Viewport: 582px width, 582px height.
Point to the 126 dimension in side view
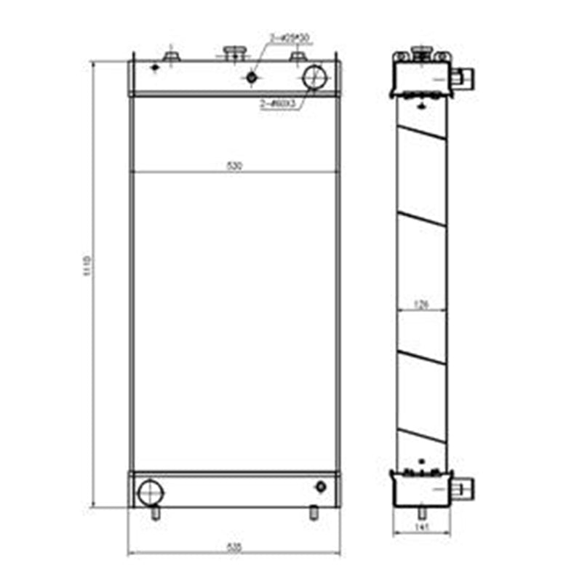click(421, 306)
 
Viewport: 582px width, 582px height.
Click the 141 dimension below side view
click(420, 526)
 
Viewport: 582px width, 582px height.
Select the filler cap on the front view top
click(234, 51)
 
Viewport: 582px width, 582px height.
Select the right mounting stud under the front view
click(314, 512)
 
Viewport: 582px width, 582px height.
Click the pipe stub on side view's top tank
click(463, 76)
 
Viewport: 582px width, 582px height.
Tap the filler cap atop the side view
click(420, 51)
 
